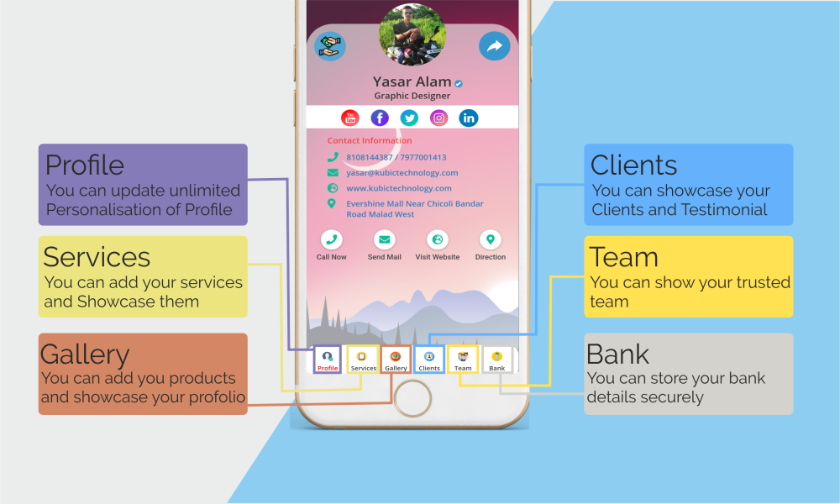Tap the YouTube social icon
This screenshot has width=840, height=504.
coord(350,118)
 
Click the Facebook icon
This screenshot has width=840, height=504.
coord(380,118)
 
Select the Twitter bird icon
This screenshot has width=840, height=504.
coord(409,118)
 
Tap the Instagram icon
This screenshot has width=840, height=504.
coord(438,118)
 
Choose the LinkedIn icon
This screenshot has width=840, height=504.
coord(469,118)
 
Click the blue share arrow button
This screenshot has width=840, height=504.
coord(494,46)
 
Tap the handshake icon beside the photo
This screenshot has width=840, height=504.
coord(330,46)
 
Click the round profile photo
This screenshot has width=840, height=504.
coord(412,34)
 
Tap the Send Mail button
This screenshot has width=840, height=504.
coord(385,244)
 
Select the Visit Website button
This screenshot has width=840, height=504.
coord(438,244)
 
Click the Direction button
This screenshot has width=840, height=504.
coord(491,244)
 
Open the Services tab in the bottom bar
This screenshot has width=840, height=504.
coord(363,360)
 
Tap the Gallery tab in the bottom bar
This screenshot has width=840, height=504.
coord(396,360)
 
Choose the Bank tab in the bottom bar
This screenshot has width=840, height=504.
coord(497,360)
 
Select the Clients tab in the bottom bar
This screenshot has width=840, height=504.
coord(429,360)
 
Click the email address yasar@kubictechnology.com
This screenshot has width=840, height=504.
coord(402,173)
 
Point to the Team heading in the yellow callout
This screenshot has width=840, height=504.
coord(623,257)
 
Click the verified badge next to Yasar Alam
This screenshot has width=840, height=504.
coord(459,83)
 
